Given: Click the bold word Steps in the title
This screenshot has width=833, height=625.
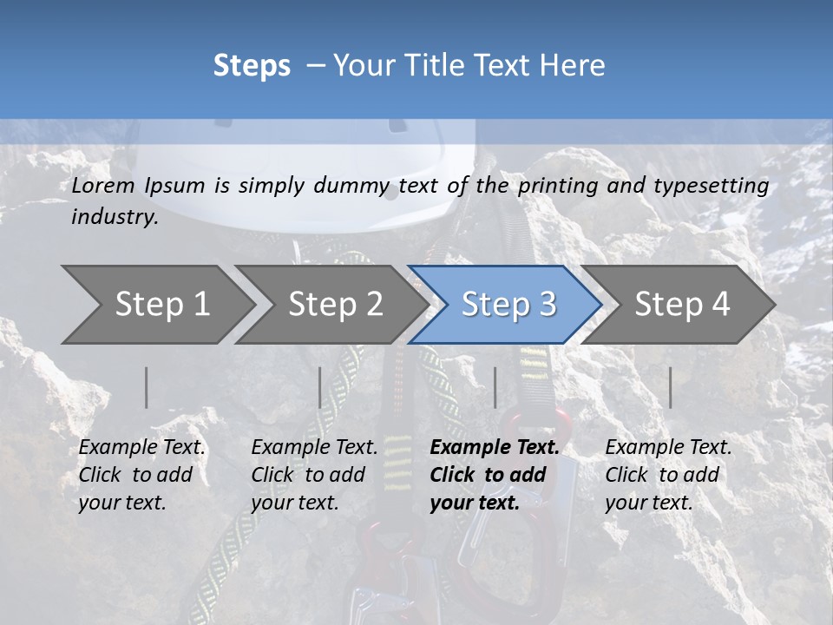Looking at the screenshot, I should pyautogui.click(x=252, y=66).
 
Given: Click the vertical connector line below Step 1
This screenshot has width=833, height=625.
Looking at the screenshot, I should pyautogui.click(x=147, y=387).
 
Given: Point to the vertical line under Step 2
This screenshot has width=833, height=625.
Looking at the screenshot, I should pyautogui.click(x=320, y=387).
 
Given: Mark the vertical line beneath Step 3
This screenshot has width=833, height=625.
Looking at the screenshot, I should pyautogui.click(x=495, y=387).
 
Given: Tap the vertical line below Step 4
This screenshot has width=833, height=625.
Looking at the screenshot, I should pyautogui.click(x=671, y=387).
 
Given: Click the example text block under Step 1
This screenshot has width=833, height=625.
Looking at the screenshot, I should pyautogui.click(x=141, y=475).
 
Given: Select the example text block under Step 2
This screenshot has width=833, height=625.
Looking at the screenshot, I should pyautogui.click(x=314, y=475).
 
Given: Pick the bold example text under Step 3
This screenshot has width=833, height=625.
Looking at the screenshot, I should pyautogui.click(x=495, y=475).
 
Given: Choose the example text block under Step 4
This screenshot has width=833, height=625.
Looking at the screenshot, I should pyautogui.click(x=668, y=475).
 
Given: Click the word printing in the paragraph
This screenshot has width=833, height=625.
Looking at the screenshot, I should pyautogui.click(x=561, y=186).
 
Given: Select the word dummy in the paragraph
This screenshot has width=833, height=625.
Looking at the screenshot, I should pyautogui.click(x=351, y=186).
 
